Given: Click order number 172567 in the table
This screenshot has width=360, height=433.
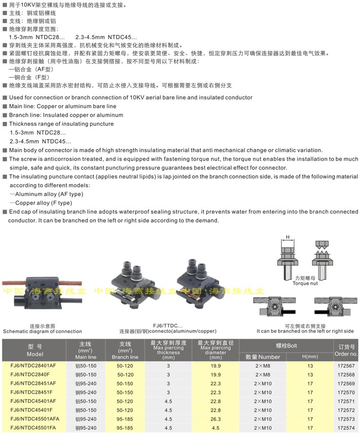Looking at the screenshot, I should (346, 365).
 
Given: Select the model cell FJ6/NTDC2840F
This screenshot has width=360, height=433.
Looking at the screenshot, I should (34, 374).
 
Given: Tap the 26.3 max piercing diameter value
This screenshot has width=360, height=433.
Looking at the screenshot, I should (215, 419).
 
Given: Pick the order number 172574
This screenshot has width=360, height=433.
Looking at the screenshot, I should (346, 428).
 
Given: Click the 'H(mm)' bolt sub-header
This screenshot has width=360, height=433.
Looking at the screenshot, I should (309, 356).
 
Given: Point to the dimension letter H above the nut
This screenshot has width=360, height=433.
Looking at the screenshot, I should (287, 237).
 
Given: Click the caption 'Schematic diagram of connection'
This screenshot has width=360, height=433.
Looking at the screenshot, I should (42, 331).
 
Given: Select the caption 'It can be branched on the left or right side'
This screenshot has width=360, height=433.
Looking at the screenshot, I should (305, 331).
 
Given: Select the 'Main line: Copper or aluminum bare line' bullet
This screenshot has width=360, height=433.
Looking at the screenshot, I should (62, 106).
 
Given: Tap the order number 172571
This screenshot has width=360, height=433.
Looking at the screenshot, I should (346, 401).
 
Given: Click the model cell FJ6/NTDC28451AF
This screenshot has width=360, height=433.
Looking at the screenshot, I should (34, 383).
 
